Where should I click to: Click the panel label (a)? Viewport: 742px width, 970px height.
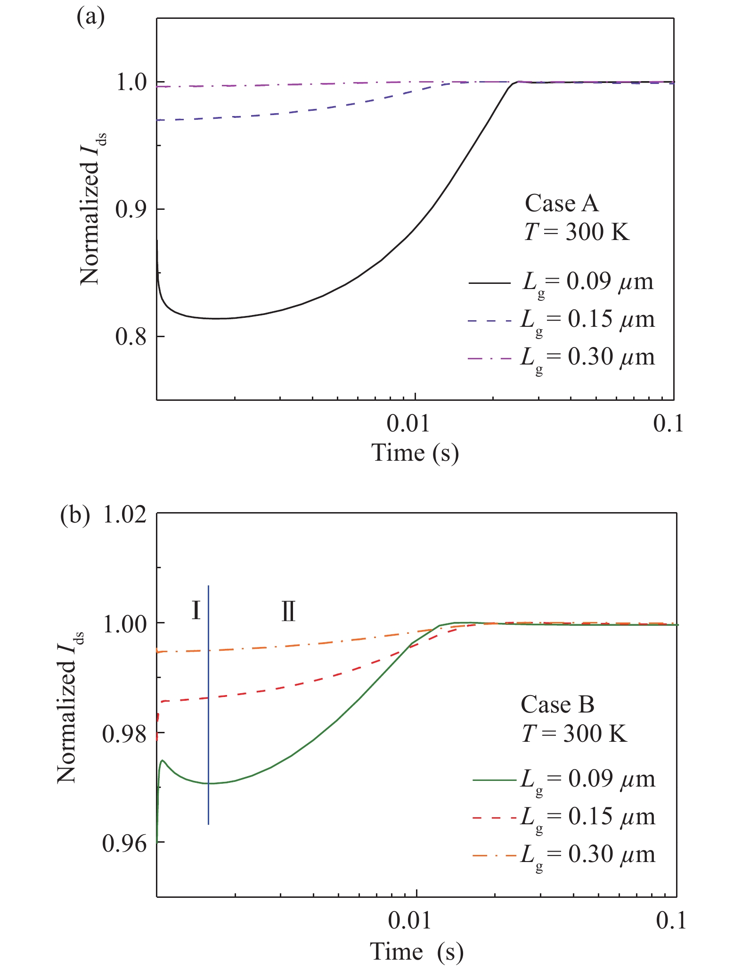pos(90,17)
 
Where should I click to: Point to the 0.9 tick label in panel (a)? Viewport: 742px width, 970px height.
pos(130,210)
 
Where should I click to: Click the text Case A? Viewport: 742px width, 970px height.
pos(562,204)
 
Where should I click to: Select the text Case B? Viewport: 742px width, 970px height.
pos(557,705)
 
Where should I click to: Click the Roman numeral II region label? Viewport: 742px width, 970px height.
pos(288,612)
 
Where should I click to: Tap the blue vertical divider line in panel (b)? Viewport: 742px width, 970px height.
pos(208,707)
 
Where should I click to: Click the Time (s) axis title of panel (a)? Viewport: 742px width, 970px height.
pos(415,453)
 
